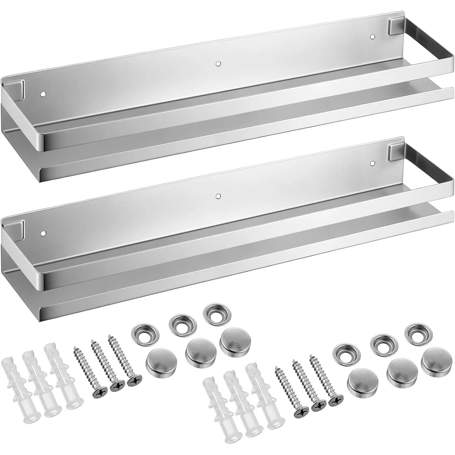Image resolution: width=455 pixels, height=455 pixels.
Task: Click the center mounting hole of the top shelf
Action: pyautogui.click(x=217, y=64)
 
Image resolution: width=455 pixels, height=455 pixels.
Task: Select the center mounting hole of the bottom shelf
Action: pyautogui.click(x=217, y=196)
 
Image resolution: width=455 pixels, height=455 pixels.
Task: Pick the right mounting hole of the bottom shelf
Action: pyautogui.click(x=372, y=164)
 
